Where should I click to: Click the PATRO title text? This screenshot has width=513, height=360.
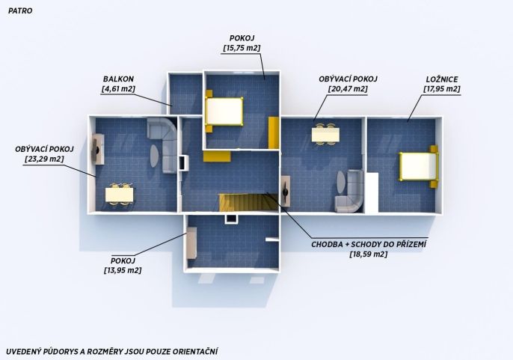(x=20, y=10)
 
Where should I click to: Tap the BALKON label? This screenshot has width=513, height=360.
(x=118, y=79)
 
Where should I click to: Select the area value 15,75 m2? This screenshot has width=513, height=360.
(x=242, y=48)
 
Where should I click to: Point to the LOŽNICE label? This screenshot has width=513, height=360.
(x=442, y=79)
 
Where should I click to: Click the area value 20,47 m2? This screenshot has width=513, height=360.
(x=348, y=89)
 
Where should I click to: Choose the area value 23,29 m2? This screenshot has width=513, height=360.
(x=44, y=159)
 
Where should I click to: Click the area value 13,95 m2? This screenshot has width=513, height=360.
(x=123, y=271)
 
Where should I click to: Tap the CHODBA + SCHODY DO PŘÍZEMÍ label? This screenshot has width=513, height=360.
(x=369, y=245)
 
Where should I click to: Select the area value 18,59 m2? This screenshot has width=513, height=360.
(x=369, y=254)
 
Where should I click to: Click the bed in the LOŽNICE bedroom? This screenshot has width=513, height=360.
(x=419, y=166)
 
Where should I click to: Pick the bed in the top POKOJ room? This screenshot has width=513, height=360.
(x=224, y=112)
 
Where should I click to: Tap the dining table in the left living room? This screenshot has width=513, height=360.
(x=120, y=195)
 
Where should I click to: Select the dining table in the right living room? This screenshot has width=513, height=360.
(x=325, y=134)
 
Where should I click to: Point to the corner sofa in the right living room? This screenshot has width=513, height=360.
(x=349, y=191)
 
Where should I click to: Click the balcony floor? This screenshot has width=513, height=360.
(x=185, y=94)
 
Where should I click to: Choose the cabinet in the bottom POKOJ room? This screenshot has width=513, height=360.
(x=191, y=242)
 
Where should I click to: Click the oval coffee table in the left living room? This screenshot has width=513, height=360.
(x=155, y=156)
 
